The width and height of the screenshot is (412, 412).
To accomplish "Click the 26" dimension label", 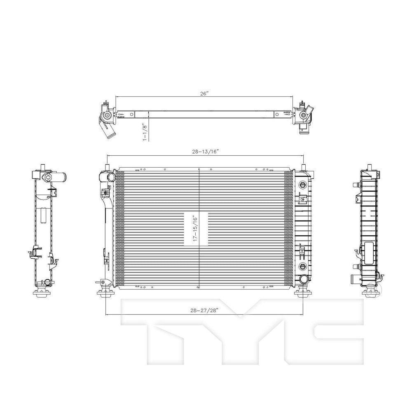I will (205, 94).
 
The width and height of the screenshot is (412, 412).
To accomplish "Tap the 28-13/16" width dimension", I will (205, 152).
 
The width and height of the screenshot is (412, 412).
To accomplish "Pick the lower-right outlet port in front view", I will (304, 279).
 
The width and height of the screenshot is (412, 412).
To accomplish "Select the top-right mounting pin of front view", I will (303, 166).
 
